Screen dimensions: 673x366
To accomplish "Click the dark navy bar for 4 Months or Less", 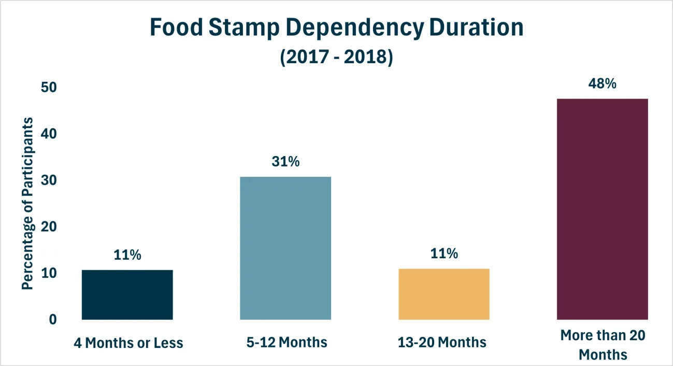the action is pos(127,295).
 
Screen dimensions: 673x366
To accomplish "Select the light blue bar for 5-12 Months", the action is pos(285,248).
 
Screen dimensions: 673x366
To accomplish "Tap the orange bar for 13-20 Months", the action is pos(444,294).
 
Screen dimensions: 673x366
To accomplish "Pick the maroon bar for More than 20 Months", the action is pos(603,209).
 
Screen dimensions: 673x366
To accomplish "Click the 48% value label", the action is pos(602,83).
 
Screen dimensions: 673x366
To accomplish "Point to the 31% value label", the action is pos(285,162).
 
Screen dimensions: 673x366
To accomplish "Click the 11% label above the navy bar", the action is pos(127,255).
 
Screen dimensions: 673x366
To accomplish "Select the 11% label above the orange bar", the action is pos(444,254).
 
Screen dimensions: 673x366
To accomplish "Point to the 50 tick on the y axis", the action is pos(49,87).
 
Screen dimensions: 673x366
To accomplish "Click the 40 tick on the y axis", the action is pos(49,134).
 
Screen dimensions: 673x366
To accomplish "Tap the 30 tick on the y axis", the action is pos(49,180).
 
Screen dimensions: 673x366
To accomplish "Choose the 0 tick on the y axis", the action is pos(53,320).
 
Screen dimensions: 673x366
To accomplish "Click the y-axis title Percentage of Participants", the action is pos(27,204).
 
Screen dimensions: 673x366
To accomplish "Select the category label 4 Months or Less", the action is pos(128,343).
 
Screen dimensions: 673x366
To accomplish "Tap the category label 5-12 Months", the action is pos(287,343).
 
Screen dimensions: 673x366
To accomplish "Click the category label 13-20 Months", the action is pos(442,343).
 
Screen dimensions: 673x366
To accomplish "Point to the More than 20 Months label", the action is pos(603,345).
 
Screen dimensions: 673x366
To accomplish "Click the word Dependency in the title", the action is pos(354,28).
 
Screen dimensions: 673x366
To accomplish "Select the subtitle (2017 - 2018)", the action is pos(337,57).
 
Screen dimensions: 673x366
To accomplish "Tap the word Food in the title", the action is pos(176,27).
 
